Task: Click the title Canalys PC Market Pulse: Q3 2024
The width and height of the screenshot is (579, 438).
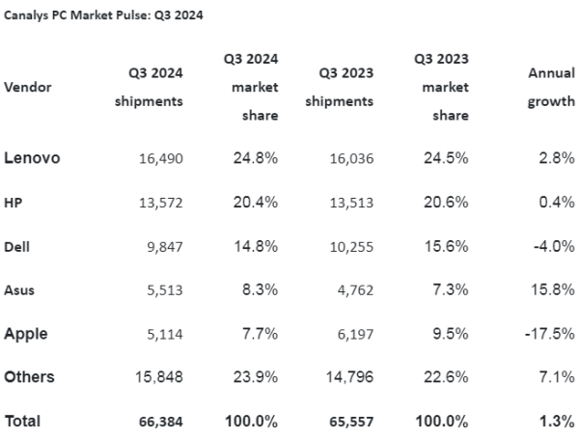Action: click(103, 15)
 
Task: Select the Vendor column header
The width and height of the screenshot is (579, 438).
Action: click(28, 87)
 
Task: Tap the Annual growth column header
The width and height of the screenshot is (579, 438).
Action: click(551, 87)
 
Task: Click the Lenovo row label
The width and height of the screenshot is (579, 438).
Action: click(32, 158)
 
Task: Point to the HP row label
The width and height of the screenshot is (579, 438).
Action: click(14, 203)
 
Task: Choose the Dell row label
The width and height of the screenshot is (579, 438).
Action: click(17, 246)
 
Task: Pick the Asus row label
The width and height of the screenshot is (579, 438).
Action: click(19, 289)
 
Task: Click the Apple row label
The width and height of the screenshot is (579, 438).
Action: click(26, 334)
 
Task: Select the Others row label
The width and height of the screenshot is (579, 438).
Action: click(29, 377)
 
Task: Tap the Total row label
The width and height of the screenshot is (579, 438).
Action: click(22, 421)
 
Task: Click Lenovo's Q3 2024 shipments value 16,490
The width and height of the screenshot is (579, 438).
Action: click(161, 159)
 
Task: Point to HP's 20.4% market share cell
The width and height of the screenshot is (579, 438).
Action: click(256, 202)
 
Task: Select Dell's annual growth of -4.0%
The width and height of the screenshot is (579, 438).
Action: click(554, 246)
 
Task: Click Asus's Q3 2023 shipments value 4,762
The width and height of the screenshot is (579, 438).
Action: click(355, 290)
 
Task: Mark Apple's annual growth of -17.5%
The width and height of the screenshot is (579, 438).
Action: click(550, 334)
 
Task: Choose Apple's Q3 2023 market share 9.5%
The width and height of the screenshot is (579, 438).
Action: click(451, 334)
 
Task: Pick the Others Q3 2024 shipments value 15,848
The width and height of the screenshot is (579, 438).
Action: click(159, 377)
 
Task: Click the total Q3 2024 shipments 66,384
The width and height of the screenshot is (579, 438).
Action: click(161, 422)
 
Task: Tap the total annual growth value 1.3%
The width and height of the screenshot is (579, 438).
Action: click(557, 421)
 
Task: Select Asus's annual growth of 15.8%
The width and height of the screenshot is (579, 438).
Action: click(553, 289)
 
